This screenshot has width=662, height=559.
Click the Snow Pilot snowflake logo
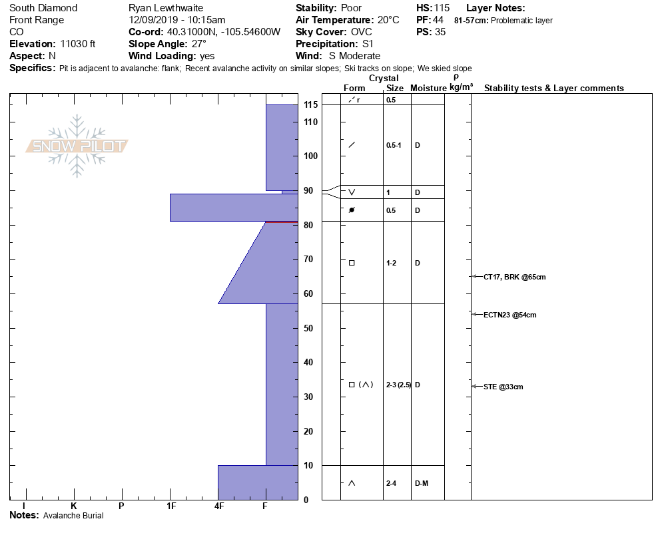coord(77,146)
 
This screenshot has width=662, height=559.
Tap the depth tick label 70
coord(308,259)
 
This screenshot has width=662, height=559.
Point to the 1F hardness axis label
coord(171,506)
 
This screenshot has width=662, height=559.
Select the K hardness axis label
coord(73,506)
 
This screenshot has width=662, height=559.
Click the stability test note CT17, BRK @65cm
coord(514,278)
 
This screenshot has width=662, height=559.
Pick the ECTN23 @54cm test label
coord(509,315)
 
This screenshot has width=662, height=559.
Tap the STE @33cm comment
coord(503,387)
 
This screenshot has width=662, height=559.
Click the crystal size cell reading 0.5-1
coord(394,145)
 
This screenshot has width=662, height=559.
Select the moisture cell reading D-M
coord(422,484)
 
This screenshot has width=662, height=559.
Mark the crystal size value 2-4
coord(391,484)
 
